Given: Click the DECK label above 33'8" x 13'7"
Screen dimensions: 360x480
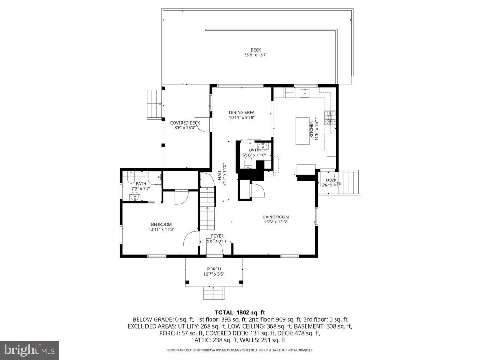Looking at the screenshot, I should tap(256, 50).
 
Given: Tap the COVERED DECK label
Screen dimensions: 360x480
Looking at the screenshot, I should tap(185, 123).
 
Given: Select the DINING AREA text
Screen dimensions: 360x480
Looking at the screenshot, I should tap(242, 112).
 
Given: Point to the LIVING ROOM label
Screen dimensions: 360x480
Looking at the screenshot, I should tap(276, 217).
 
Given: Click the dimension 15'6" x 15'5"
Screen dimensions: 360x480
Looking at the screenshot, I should tap(276, 222).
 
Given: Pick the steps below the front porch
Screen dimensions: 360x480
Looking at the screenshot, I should tap(214, 292).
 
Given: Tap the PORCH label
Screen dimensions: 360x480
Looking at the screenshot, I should tap(214, 269).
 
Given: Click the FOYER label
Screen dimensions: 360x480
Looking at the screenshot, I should tap(217, 236).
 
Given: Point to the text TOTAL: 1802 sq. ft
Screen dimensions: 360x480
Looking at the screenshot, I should tap(240, 312).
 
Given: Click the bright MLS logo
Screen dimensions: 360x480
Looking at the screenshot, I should tap(29, 350).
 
